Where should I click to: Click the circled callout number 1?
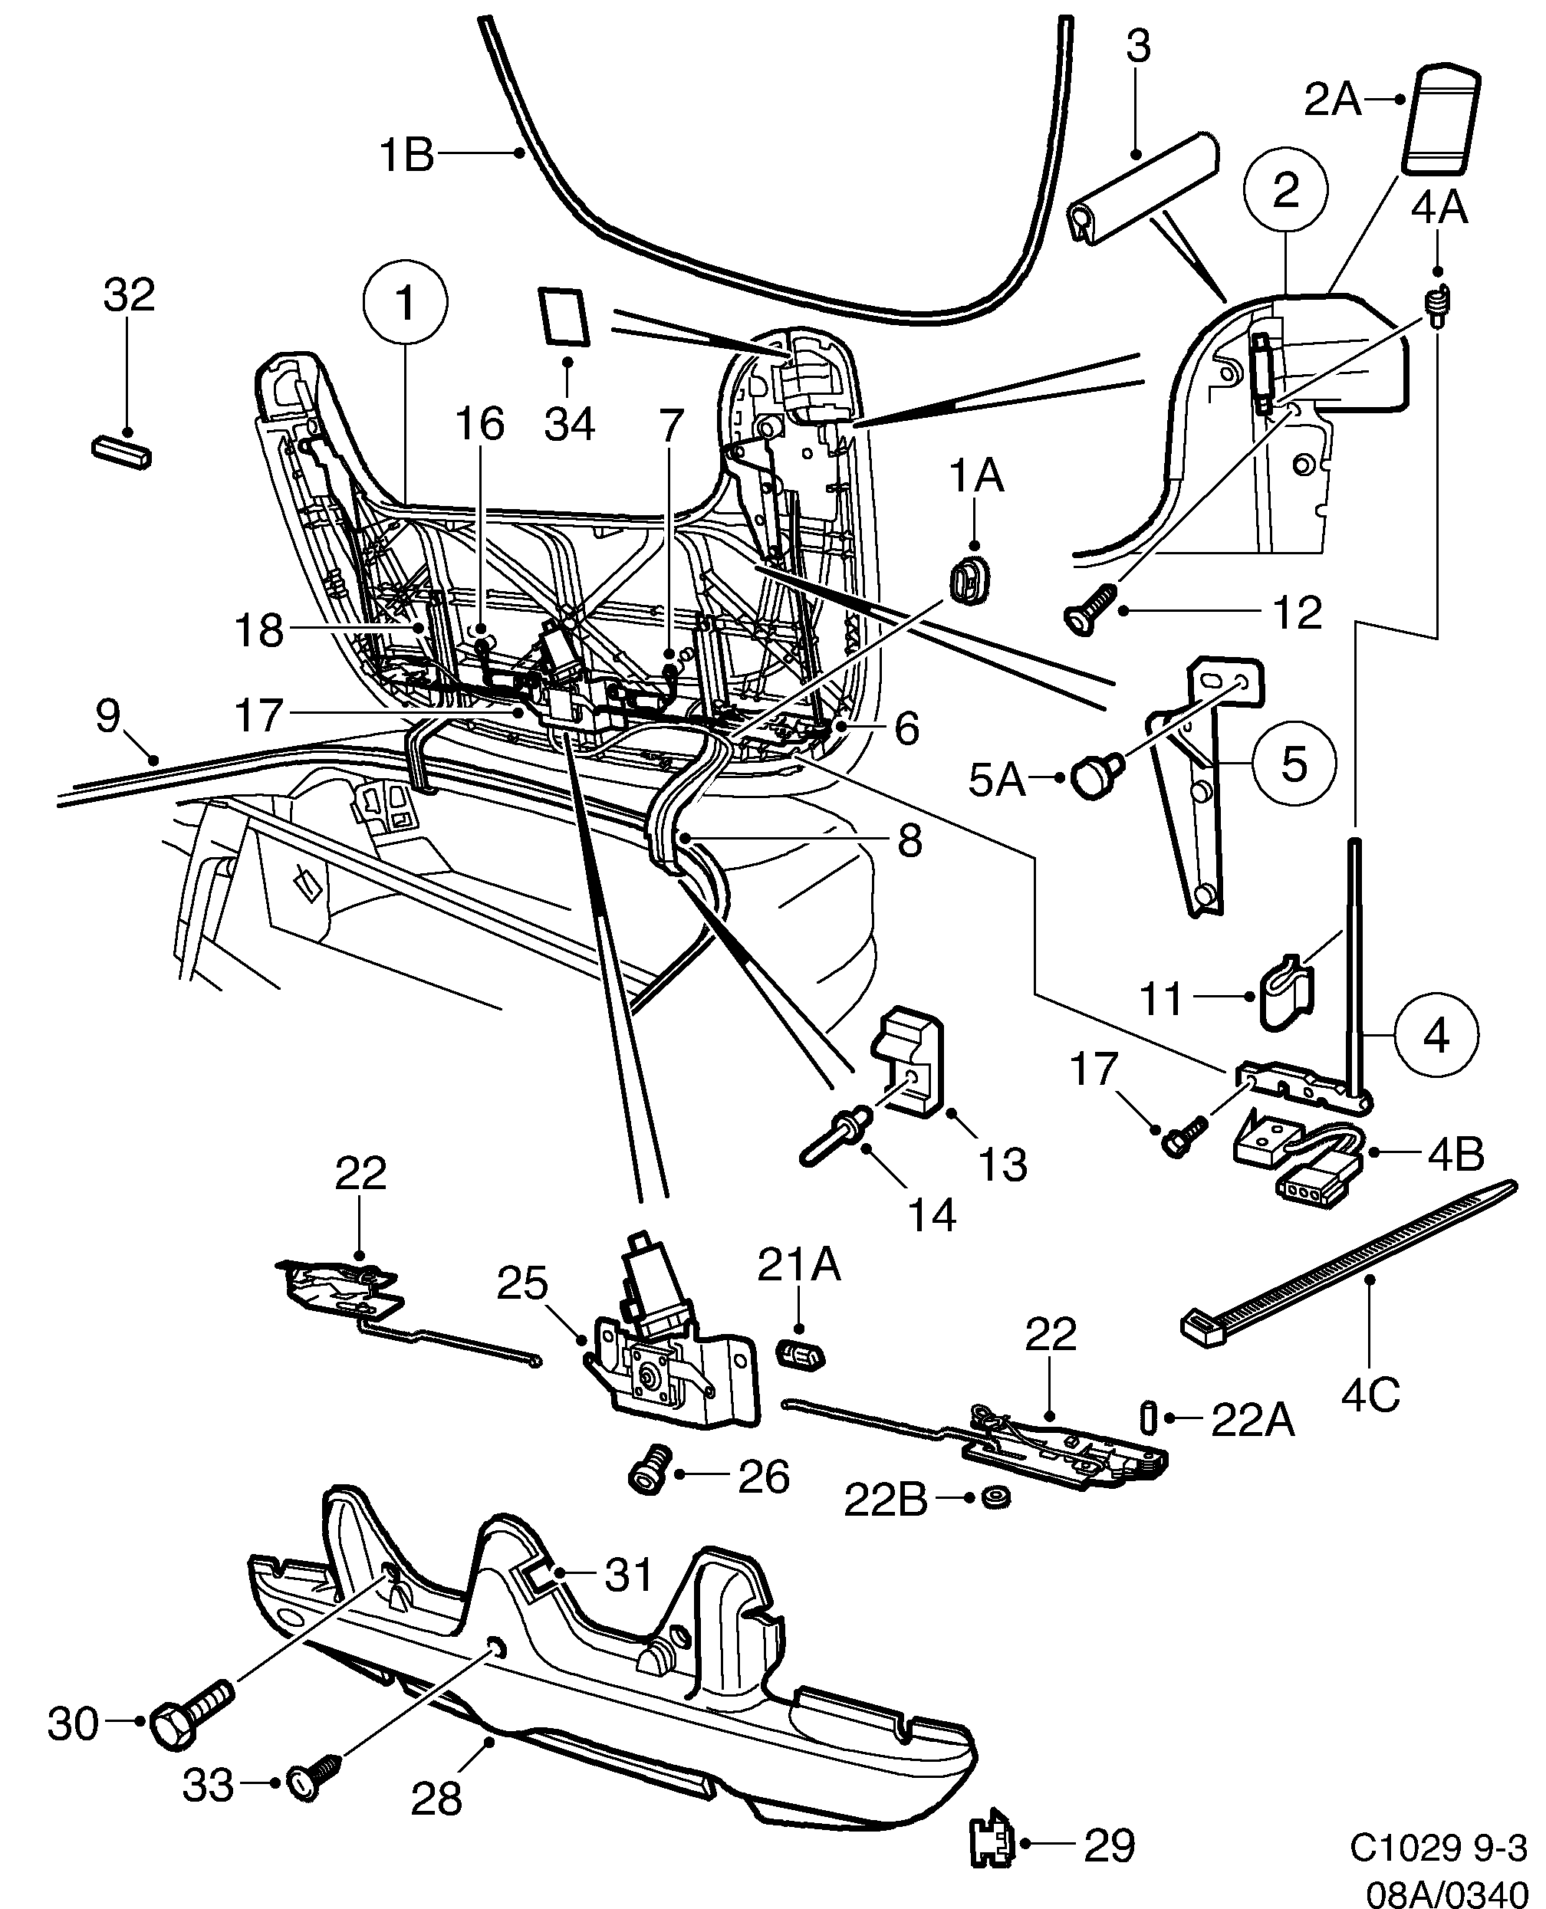(405, 303)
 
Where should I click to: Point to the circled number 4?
(1436, 1036)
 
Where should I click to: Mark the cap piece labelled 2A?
(1441, 120)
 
